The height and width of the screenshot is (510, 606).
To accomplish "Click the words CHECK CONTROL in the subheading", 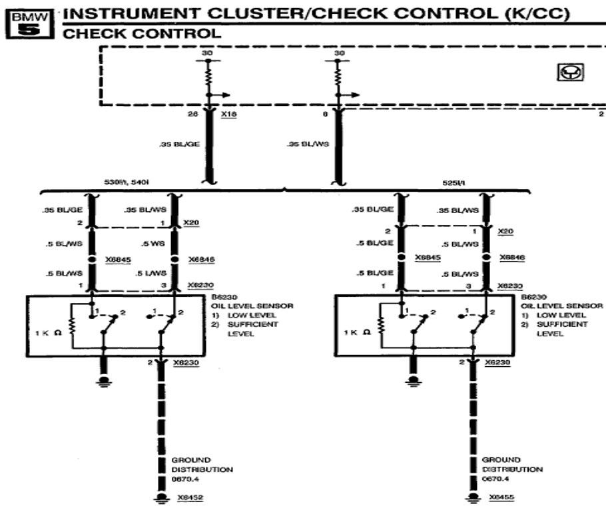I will pyautogui.click(x=142, y=33).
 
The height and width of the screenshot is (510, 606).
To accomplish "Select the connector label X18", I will pyautogui.click(x=229, y=115).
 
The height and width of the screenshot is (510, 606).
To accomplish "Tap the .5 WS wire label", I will pyautogui.click(x=153, y=243).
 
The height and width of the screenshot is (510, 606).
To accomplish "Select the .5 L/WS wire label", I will pyautogui.click(x=152, y=274).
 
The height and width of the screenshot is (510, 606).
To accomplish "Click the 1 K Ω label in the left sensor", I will pyautogui.click(x=49, y=333).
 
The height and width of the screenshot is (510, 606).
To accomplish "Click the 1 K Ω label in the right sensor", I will pyautogui.click(x=358, y=333).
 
